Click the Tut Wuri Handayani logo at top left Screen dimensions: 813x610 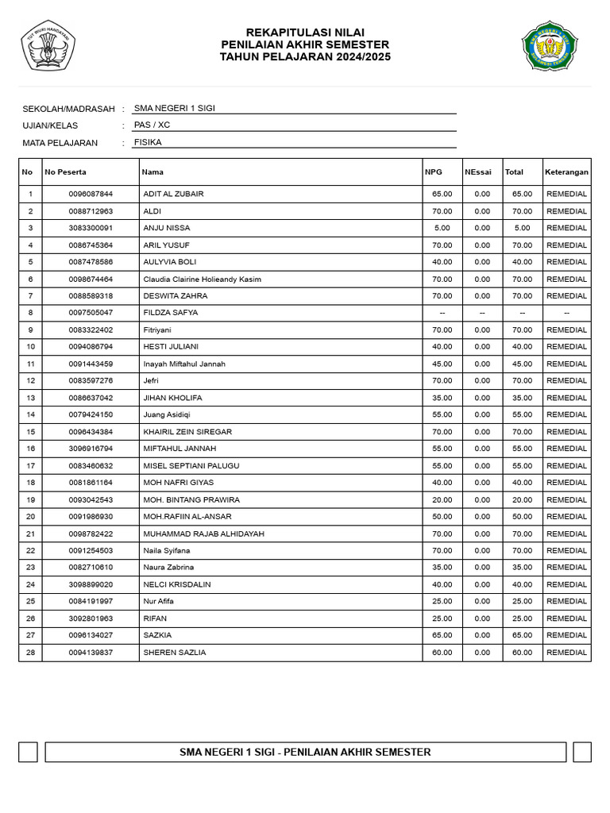[x=47, y=45]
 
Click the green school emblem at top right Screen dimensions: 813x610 [x=550, y=45]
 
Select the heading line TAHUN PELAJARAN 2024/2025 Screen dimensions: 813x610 [x=305, y=58]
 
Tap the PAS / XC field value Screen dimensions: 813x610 [x=152, y=125]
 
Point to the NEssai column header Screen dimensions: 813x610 [x=478, y=172]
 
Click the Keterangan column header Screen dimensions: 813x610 [x=566, y=172]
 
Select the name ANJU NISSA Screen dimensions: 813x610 [x=167, y=228]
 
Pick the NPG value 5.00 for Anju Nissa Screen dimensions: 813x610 [x=442, y=228]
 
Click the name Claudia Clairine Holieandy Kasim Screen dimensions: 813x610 [x=203, y=279]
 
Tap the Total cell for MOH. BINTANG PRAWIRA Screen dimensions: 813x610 [x=522, y=500]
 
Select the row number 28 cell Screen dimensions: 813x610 [x=30, y=653]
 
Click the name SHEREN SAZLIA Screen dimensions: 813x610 [x=175, y=653]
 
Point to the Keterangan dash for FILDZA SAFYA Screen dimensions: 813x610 [x=566, y=313]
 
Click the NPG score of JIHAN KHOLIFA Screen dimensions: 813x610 [x=442, y=398]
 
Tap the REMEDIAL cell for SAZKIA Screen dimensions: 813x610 [x=566, y=635]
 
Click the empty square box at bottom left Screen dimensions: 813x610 [x=28, y=752]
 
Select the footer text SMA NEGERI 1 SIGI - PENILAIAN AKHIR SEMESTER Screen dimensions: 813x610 [x=305, y=752]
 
